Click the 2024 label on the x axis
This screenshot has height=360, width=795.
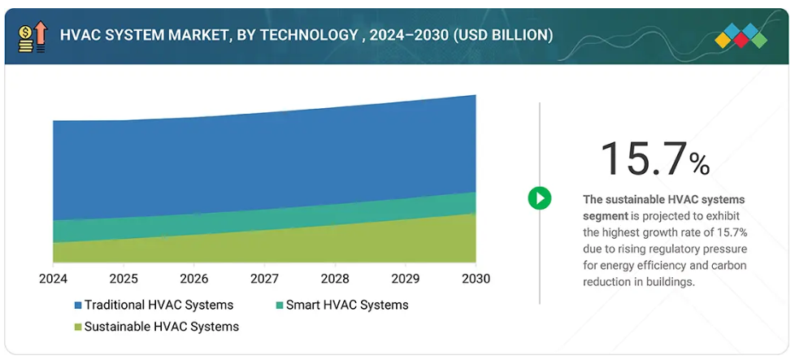pos(53,279)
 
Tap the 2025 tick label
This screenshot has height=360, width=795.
pos(124,279)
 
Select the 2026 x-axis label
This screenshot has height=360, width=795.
pos(194,279)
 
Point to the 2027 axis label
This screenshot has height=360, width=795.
pos(264,279)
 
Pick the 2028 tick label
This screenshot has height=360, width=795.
pos(335,279)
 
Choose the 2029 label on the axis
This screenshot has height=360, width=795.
pos(406,279)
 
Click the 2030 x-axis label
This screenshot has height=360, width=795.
pos(476,279)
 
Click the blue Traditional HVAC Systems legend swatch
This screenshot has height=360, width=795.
pos(78,306)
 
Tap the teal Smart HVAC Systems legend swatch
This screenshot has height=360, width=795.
pos(280,306)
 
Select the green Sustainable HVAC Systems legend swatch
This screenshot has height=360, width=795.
pos(78,327)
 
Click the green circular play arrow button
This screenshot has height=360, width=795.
pos(540,197)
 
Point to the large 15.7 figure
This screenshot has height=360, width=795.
pos(643,158)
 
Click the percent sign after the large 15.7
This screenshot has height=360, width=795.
pos(699,164)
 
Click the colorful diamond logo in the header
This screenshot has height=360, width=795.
pos(741,37)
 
